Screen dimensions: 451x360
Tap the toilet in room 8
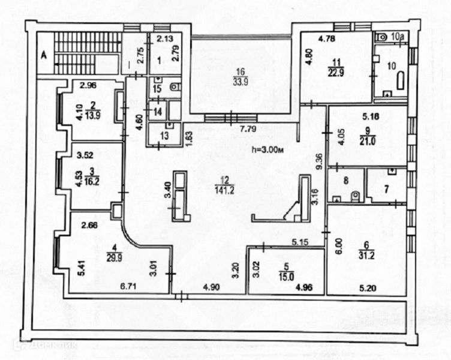point(355,196)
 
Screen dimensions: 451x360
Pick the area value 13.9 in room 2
point(92,113)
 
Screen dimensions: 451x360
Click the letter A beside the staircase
point(43,55)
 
